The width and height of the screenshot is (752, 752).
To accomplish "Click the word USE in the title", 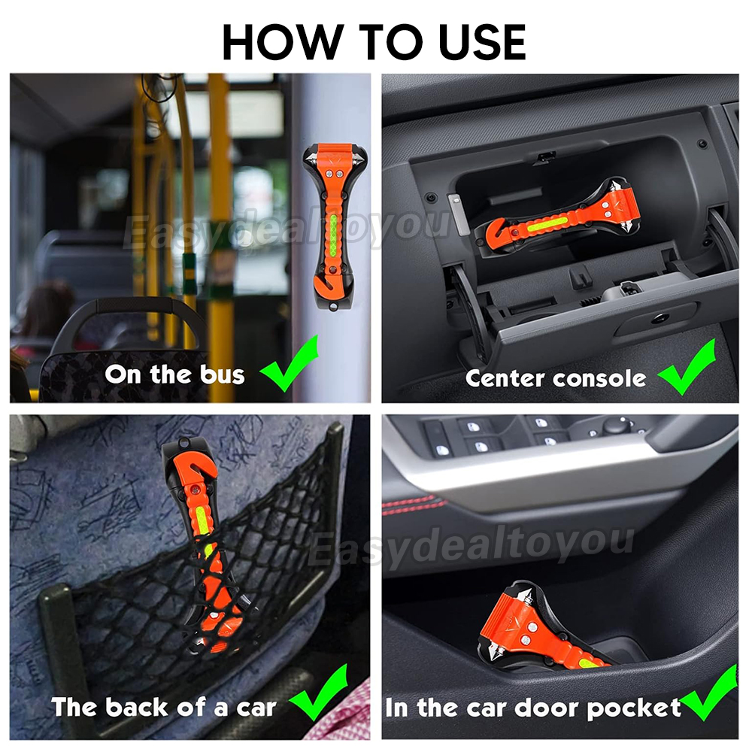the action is pyautogui.click(x=481, y=41).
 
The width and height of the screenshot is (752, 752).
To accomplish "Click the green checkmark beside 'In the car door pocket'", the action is pyautogui.click(x=709, y=693).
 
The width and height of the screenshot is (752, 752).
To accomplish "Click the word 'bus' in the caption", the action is pyautogui.click(x=223, y=374).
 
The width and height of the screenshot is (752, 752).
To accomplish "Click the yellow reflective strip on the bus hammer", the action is pyautogui.click(x=333, y=236).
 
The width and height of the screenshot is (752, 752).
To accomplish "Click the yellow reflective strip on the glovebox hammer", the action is pyautogui.click(x=544, y=223).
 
